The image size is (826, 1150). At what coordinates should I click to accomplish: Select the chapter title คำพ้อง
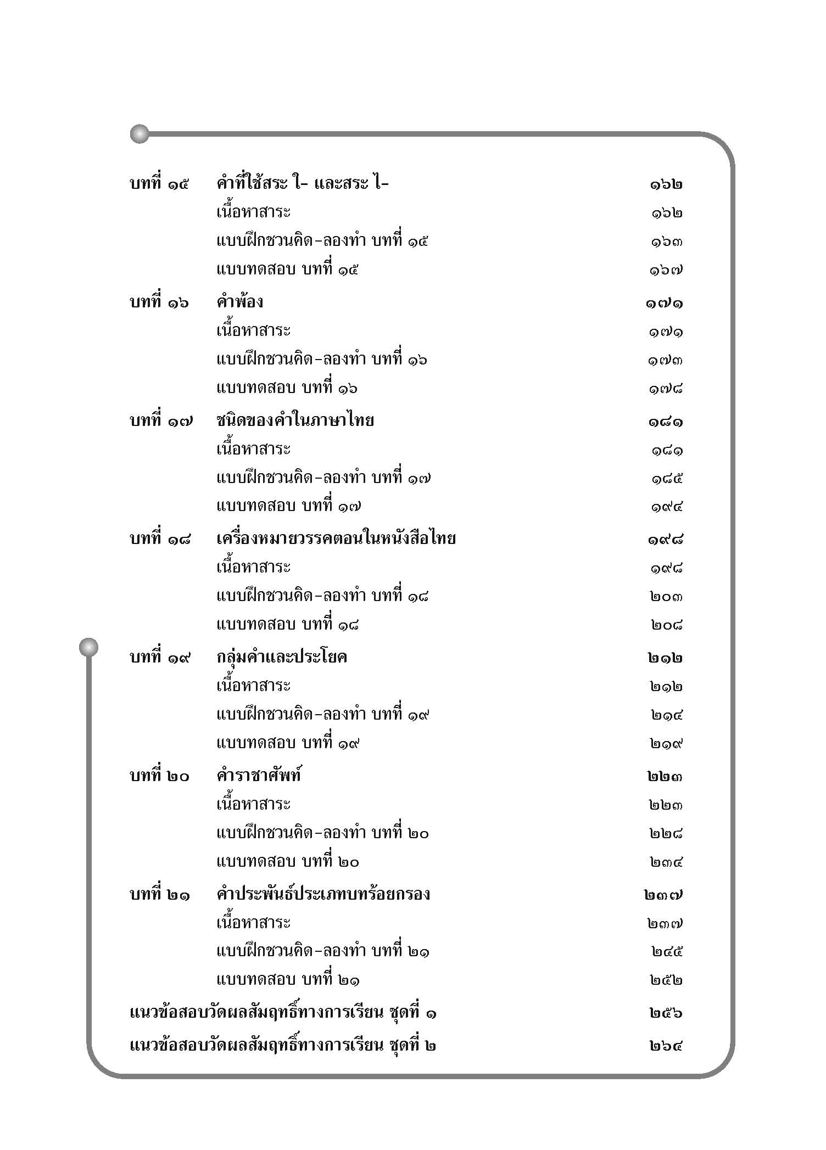tap(239, 302)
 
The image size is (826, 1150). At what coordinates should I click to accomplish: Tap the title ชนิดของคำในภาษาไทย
tap(295, 420)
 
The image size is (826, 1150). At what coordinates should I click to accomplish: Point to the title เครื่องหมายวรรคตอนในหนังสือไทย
tap(336, 538)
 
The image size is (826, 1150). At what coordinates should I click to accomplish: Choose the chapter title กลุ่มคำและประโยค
tap(281, 657)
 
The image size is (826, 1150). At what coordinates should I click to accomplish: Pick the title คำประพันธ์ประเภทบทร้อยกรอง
tap(323, 894)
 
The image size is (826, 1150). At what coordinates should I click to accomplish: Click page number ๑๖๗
tap(666, 270)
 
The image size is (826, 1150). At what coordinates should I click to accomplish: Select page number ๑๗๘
tap(665, 389)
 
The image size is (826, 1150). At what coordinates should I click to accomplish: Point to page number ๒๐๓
tap(666, 597)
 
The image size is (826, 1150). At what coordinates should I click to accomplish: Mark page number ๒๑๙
tap(666, 744)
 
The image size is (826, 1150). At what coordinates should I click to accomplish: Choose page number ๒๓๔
tap(666, 862)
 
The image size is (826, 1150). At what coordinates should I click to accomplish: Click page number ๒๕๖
tap(666, 1013)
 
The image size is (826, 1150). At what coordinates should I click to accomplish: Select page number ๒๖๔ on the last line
tap(666, 1046)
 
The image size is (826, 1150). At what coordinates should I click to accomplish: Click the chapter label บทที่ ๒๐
tap(159, 776)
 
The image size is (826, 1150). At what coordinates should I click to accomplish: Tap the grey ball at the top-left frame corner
tap(139, 133)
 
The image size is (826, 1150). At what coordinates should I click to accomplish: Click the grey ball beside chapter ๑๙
tap(88, 647)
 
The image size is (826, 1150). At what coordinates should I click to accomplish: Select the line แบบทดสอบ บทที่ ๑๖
tap(287, 388)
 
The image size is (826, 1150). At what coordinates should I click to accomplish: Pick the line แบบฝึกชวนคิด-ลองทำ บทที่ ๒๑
tap(322, 951)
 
